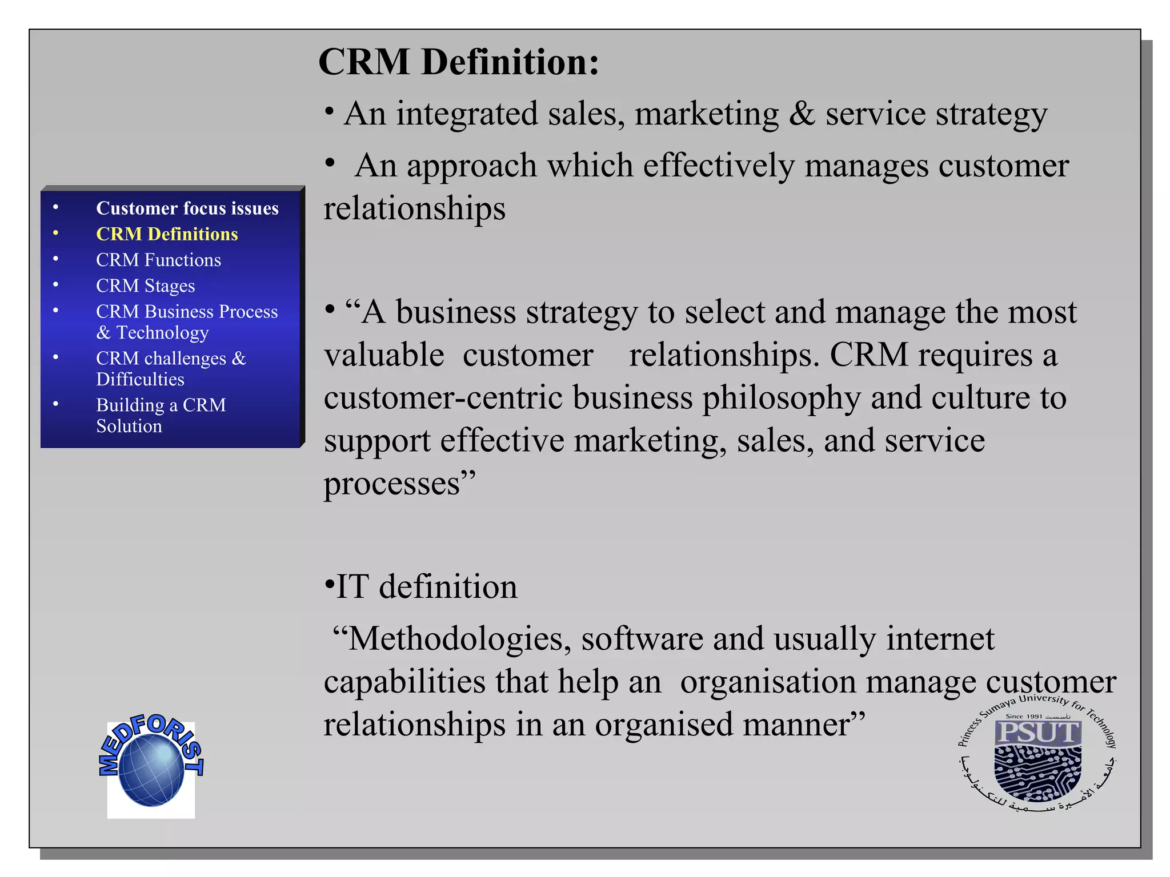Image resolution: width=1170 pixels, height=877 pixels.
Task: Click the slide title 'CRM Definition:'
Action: click(x=459, y=62)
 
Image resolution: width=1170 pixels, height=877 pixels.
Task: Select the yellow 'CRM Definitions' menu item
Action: click(x=167, y=234)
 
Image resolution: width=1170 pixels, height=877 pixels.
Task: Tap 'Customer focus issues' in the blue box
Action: click(x=187, y=208)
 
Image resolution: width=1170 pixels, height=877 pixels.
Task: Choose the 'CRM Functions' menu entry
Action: click(x=158, y=260)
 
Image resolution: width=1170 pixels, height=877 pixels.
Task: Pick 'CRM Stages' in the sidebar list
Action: click(x=145, y=285)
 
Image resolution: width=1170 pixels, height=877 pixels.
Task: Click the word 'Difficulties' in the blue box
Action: click(x=140, y=379)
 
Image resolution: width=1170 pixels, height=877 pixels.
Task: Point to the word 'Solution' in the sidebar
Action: click(x=129, y=426)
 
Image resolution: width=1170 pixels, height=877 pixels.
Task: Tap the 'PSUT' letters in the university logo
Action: click(x=1038, y=732)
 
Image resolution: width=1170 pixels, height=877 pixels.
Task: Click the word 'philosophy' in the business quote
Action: click(x=781, y=397)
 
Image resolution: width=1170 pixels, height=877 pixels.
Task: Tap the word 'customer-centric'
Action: click(x=443, y=397)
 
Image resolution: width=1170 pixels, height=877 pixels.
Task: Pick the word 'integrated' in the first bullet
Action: click(x=467, y=114)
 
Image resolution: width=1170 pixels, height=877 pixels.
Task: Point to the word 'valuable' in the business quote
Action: click(x=384, y=355)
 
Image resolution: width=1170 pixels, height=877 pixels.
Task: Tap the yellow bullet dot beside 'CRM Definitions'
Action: click(x=55, y=233)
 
